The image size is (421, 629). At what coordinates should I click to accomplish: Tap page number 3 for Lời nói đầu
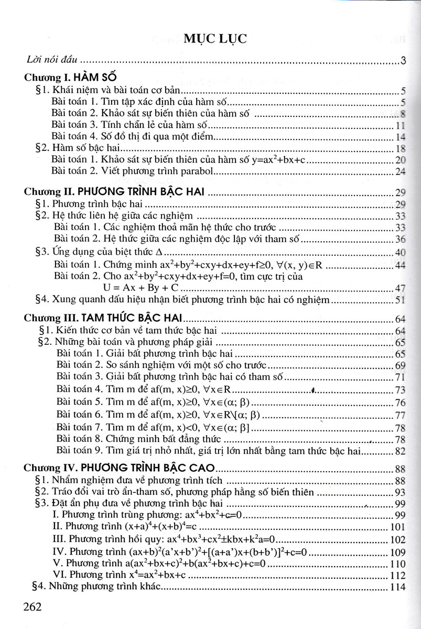403,61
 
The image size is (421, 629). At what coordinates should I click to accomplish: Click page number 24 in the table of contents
401,172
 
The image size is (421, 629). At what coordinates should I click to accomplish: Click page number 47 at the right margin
401,289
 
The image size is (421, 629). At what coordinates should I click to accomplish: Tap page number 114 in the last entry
398,588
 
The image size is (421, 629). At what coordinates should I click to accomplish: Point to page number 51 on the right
401,300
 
